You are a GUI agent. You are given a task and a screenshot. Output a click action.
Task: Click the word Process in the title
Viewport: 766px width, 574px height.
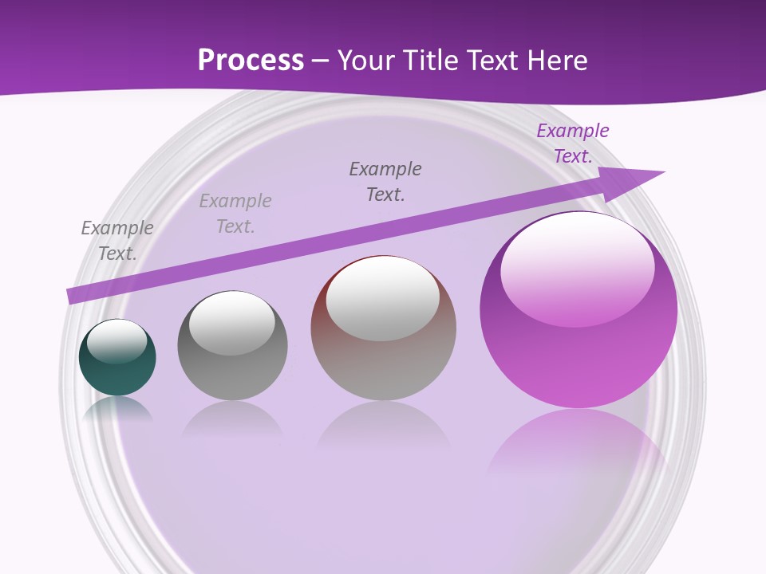pyautogui.click(x=251, y=61)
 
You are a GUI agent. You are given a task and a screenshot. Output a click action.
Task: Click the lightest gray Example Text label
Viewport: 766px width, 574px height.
pyautogui.click(x=235, y=214)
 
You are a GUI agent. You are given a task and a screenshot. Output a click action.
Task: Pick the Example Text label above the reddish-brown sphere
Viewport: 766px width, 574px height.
pyautogui.click(x=385, y=181)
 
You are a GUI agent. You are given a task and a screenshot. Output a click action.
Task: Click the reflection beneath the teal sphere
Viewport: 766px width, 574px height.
pyautogui.click(x=117, y=408)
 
